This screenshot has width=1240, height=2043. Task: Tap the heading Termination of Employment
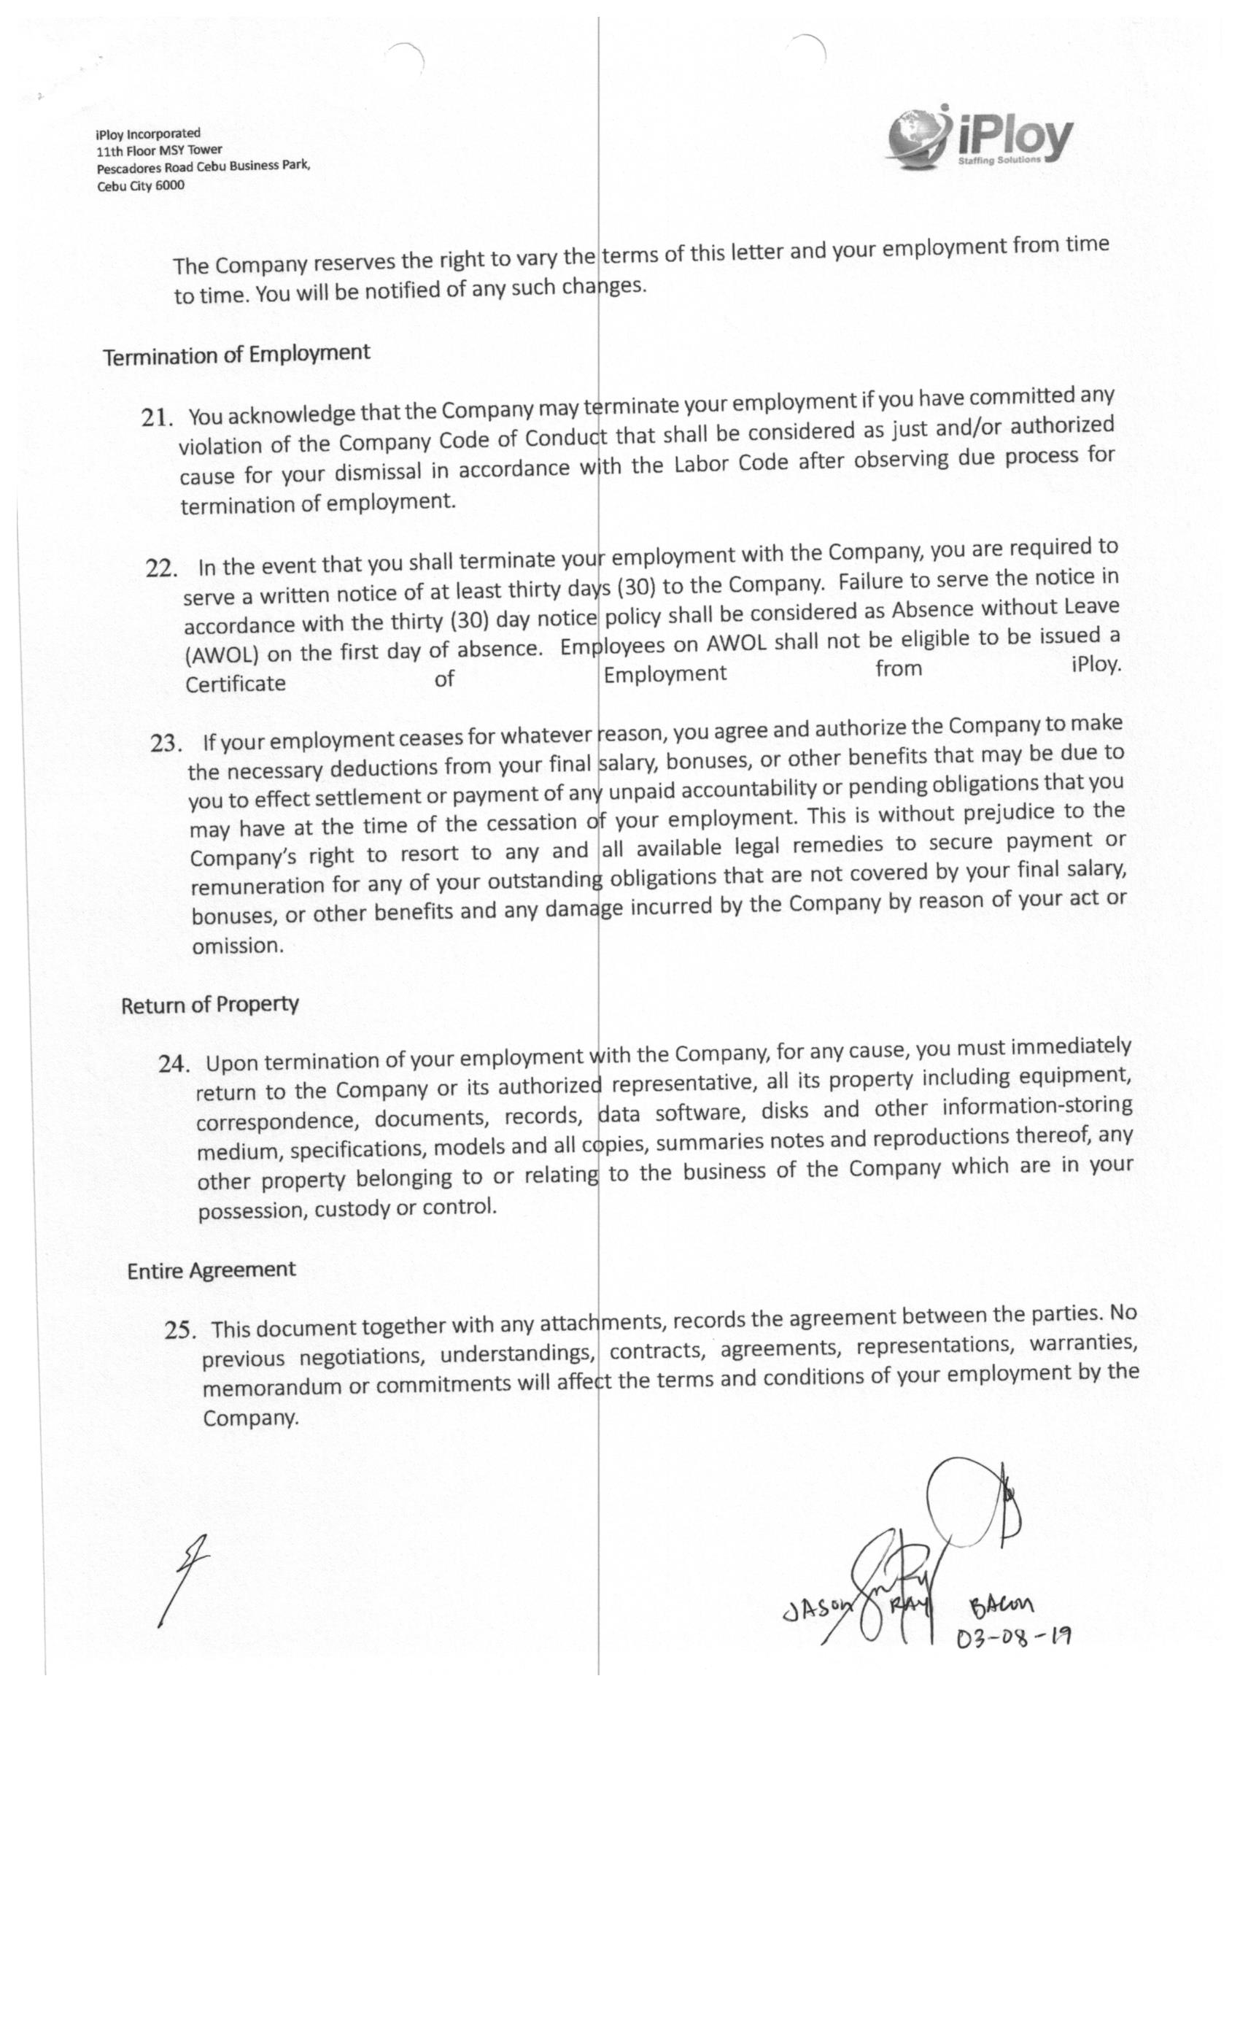(x=236, y=354)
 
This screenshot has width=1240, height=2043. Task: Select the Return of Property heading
(x=210, y=1005)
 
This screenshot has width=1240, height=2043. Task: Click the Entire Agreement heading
(x=212, y=1270)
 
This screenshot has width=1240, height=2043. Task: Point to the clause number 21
(x=157, y=417)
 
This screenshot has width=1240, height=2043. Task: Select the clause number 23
(x=166, y=743)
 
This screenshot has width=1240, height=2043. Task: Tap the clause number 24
(x=174, y=1064)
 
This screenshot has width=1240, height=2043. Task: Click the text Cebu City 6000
(x=141, y=186)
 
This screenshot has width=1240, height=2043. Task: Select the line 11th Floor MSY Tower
(x=159, y=150)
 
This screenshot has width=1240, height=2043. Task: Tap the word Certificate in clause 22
(x=236, y=684)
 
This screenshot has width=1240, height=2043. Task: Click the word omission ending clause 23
(x=237, y=946)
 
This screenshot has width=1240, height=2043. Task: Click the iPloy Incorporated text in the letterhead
(x=147, y=134)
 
